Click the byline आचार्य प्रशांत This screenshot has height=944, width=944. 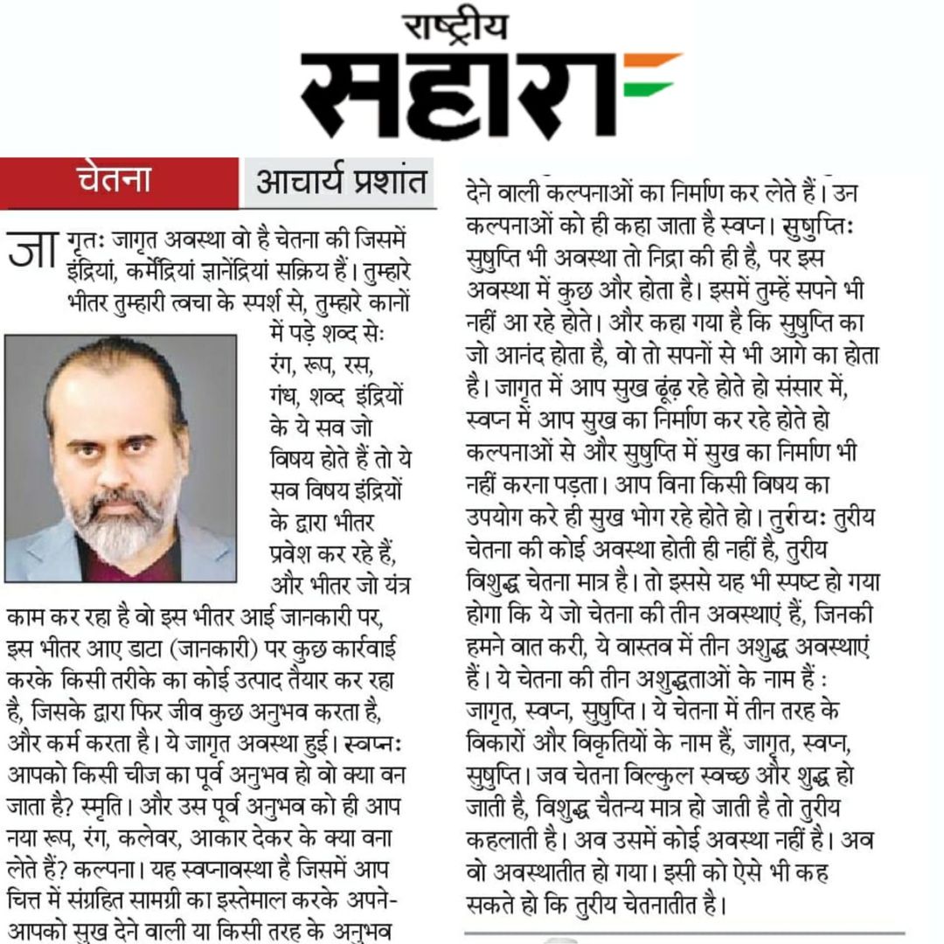point(340,183)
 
